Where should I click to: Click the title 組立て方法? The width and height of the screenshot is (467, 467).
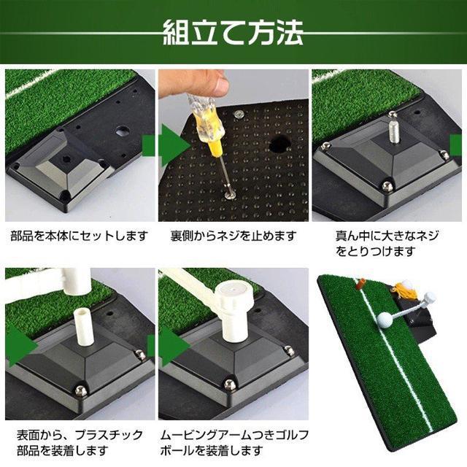(x=233, y=33)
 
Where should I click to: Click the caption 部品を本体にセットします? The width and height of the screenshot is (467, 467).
(x=80, y=236)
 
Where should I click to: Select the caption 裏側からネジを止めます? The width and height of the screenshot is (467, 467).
(x=233, y=236)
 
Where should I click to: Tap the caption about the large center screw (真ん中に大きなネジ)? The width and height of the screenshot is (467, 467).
(x=387, y=244)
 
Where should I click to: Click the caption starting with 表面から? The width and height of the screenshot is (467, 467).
(x=80, y=443)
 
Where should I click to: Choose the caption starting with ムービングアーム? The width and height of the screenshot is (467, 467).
(x=234, y=443)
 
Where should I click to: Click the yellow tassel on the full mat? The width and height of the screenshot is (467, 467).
(x=402, y=291)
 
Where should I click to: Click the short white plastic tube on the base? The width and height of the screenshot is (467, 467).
(x=82, y=326)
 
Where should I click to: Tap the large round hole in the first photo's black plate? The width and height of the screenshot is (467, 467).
(x=123, y=131)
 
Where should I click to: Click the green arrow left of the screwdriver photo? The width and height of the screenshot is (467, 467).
(x=174, y=146)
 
